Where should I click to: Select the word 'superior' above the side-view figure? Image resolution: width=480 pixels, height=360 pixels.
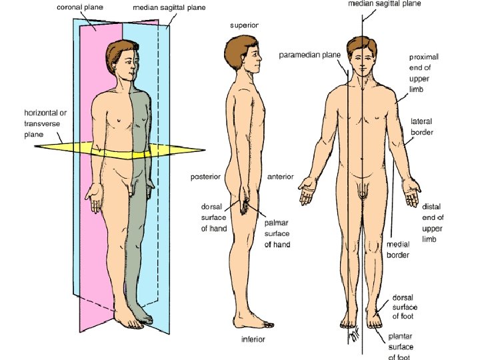click(x=245, y=25)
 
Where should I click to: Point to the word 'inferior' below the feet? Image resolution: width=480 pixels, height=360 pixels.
click(x=253, y=339)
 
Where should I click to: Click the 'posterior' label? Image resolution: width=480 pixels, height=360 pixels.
click(x=205, y=177)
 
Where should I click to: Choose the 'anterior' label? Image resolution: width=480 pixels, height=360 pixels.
click(x=280, y=177)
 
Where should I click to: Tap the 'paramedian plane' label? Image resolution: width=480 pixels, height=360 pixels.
click(x=309, y=55)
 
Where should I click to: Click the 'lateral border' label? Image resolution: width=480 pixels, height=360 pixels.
click(x=421, y=127)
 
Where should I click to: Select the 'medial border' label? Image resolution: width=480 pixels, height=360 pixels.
click(x=398, y=249)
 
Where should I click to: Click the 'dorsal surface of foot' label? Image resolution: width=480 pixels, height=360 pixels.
click(x=405, y=307)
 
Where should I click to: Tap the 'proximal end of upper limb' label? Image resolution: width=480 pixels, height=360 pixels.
click(x=423, y=74)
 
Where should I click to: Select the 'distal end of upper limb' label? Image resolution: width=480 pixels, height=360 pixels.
click(x=433, y=223)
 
